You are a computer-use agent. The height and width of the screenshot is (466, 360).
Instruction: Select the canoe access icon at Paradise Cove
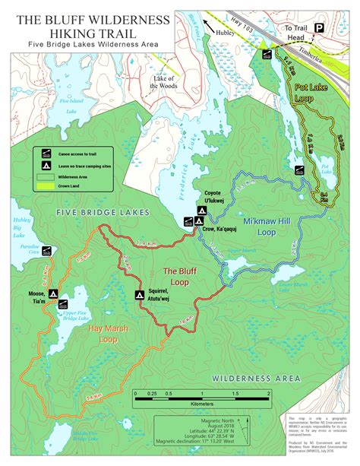(47, 251)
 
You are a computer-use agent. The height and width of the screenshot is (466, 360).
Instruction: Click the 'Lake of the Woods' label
(164, 83)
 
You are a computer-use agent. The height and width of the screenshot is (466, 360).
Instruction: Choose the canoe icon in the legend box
(45, 152)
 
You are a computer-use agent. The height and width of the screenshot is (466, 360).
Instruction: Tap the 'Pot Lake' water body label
(327, 167)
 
